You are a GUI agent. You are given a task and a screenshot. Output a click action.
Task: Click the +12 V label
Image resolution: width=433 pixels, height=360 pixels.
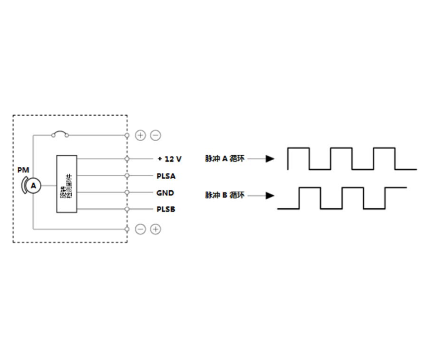click(169, 159)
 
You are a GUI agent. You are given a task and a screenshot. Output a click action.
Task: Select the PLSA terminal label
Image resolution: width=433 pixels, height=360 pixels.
click(165, 176)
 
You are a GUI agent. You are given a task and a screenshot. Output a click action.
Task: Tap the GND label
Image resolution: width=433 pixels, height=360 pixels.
click(165, 193)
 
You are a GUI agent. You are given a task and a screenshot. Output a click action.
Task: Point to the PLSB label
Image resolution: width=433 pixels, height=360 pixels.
click(166, 209)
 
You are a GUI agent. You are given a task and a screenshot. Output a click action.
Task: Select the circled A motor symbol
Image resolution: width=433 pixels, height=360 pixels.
click(33, 186)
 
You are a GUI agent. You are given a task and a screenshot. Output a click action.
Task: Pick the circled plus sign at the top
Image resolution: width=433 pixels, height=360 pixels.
click(140, 135)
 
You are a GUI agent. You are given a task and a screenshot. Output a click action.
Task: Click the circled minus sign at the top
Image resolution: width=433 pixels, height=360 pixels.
click(156, 135)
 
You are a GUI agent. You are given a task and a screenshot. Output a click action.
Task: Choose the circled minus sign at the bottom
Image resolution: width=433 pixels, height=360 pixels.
click(141, 229)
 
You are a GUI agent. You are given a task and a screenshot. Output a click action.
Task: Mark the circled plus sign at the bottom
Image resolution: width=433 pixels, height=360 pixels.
click(156, 229)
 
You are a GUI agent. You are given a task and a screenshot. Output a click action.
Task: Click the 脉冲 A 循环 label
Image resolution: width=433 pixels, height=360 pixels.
click(224, 158)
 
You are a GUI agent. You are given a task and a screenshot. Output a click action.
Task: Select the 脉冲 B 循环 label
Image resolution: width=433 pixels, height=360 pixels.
click(224, 195)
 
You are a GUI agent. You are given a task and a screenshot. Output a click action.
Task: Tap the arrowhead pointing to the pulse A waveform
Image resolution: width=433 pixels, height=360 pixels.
click(270, 159)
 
